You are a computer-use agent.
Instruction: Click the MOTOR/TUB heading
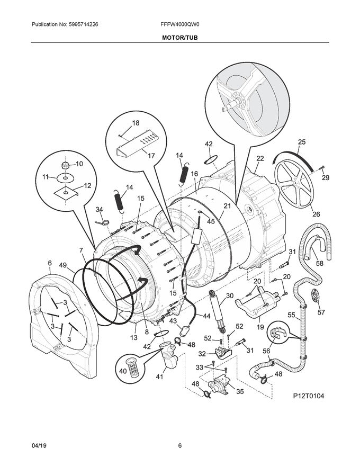(180, 38)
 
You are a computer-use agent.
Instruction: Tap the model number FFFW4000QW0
(179, 24)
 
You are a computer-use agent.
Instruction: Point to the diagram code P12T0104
(310, 396)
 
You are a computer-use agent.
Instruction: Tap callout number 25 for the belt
(302, 141)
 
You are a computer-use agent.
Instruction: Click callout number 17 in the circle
(151, 156)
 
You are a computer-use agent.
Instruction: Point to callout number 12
(87, 185)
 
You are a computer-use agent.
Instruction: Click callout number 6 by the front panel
(49, 263)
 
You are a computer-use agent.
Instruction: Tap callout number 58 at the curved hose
(320, 263)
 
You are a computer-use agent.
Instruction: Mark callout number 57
(321, 312)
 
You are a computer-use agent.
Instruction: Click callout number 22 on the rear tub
(260, 158)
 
